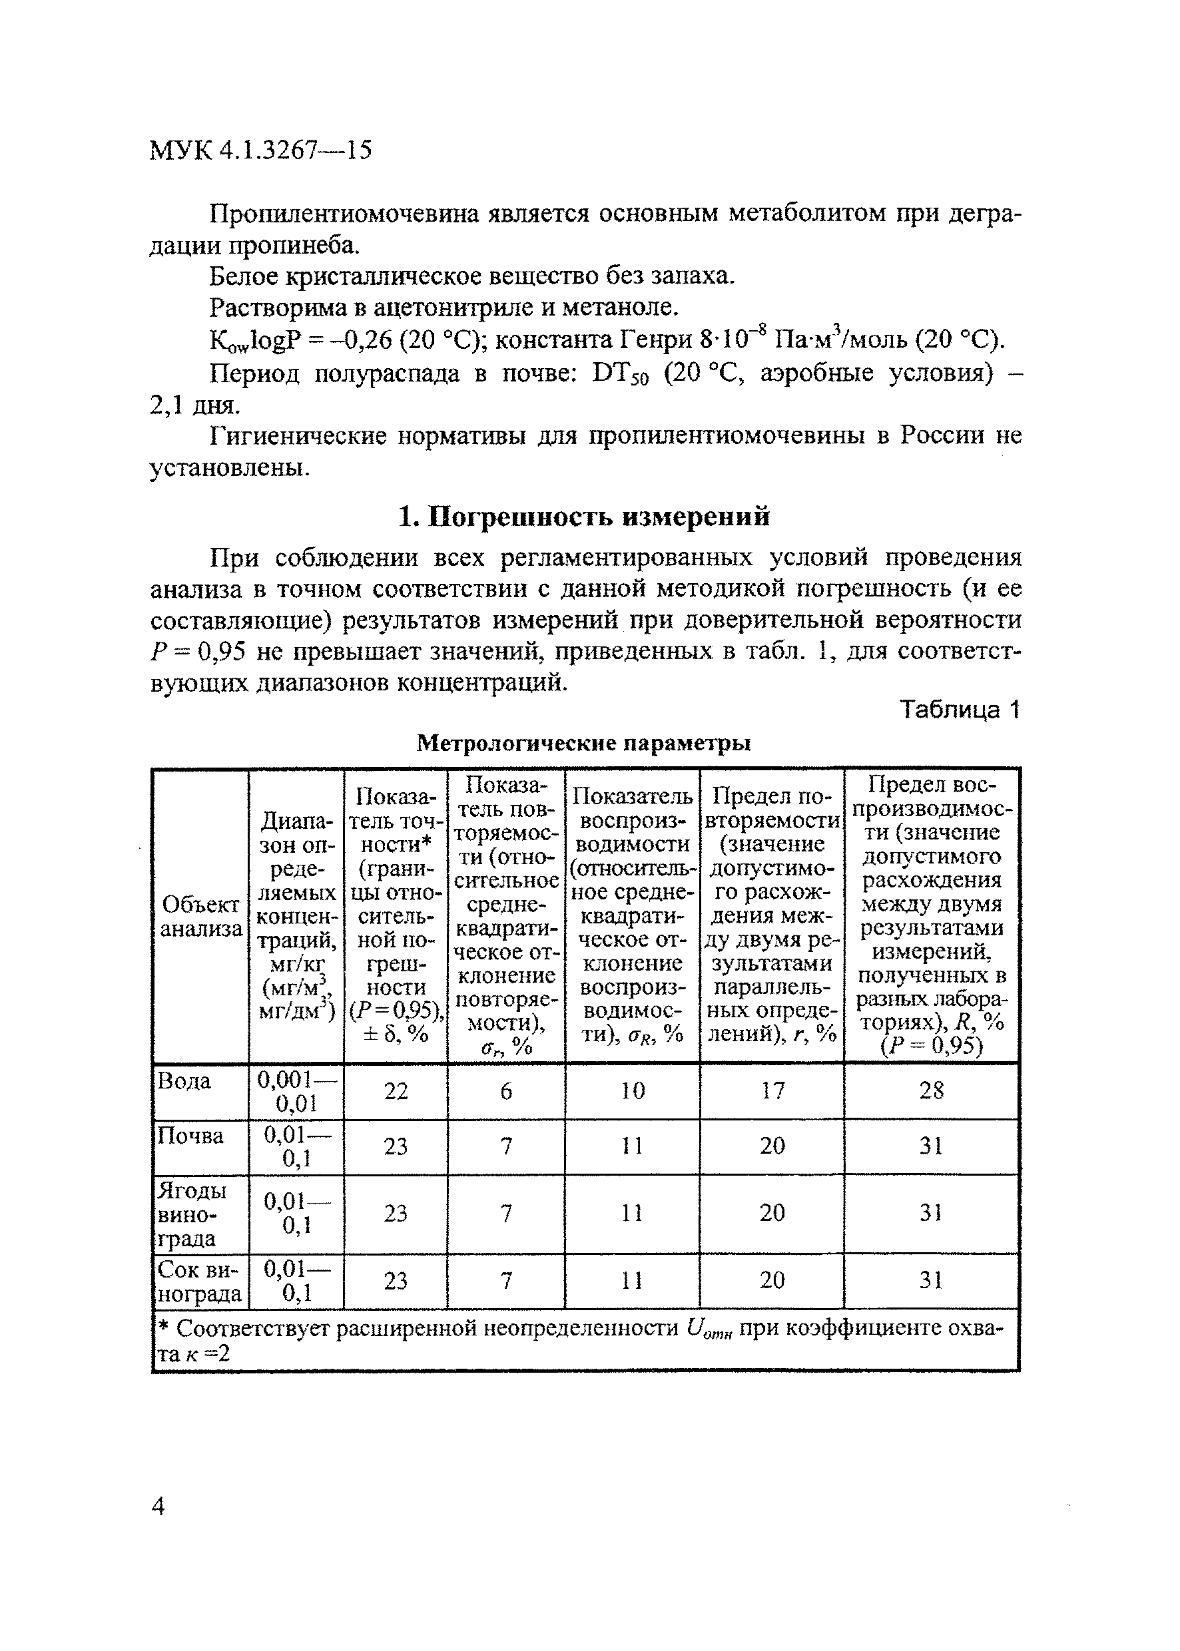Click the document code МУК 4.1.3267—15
click(x=260, y=150)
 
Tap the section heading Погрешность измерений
click(x=584, y=517)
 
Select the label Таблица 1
click(x=960, y=709)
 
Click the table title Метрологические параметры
click(x=583, y=743)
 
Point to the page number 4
click(x=158, y=1505)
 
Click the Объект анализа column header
click(x=200, y=916)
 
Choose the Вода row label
click(x=184, y=1081)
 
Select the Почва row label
click(x=190, y=1136)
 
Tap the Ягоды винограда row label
click(x=192, y=1214)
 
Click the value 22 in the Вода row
click(x=396, y=1091)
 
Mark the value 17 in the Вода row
click(x=772, y=1090)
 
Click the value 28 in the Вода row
click(x=932, y=1090)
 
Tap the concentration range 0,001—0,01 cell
click(x=296, y=1091)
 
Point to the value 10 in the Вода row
click(x=632, y=1090)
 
